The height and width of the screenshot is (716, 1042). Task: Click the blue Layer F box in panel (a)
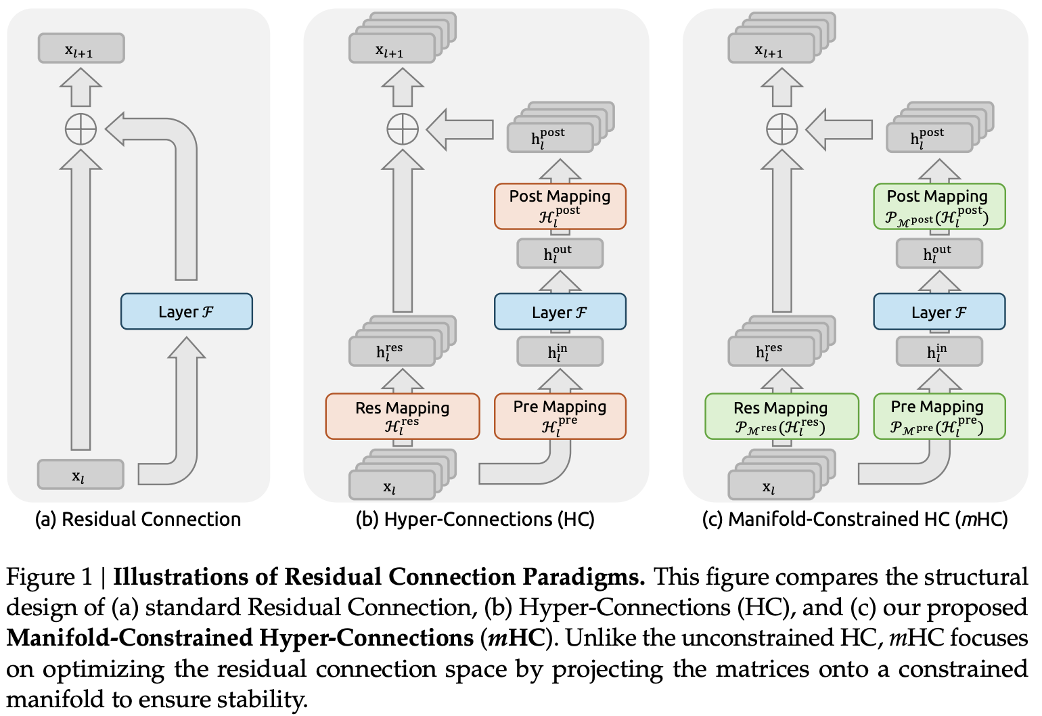click(x=186, y=311)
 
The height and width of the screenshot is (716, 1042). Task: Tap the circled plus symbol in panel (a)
click(x=81, y=129)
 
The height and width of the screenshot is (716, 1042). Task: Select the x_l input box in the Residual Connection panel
click(x=81, y=474)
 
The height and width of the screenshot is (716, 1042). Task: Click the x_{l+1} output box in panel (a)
click(x=81, y=49)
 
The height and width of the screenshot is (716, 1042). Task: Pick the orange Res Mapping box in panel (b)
click(x=402, y=416)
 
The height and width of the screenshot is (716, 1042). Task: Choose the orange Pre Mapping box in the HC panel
click(x=560, y=416)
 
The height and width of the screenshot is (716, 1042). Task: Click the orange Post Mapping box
click(x=560, y=206)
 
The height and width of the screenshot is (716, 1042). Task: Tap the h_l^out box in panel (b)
click(x=560, y=254)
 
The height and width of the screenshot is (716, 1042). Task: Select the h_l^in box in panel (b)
click(x=560, y=352)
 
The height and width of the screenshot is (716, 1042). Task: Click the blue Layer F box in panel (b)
click(x=560, y=311)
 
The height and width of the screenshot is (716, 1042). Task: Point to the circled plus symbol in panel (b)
click(x=403, y=129)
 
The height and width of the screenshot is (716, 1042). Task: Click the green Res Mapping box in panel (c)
click(x=781, y=416)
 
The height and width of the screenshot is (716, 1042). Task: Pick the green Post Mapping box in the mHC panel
click(x=938, y=206)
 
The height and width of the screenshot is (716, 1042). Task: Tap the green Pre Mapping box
click(x=938, y=416)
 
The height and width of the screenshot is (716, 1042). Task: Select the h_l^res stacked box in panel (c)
click(x=771, y=351)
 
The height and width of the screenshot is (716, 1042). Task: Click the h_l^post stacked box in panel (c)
click(x=929, y=137)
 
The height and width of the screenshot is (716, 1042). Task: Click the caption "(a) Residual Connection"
click(x=137, y=519)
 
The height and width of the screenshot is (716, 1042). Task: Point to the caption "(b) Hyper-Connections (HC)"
click(x=475, y=519)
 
